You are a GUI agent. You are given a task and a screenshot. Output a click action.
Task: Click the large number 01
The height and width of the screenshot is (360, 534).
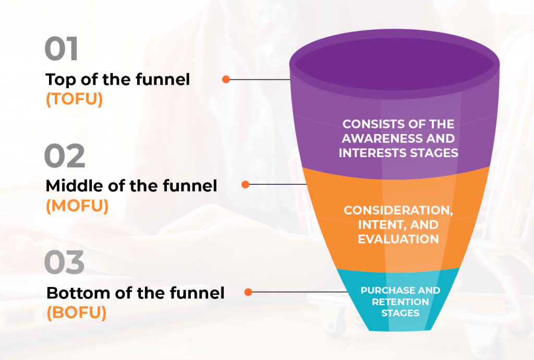coord(62,49)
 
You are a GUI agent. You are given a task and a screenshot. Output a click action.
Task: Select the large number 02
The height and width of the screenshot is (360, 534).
coord(65,155)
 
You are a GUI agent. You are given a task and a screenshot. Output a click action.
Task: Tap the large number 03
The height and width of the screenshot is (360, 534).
coord(64,262)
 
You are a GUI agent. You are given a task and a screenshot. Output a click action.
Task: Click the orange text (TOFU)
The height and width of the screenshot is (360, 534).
coord(74,99)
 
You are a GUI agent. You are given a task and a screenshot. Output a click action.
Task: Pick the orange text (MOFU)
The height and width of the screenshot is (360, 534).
coord(77,206)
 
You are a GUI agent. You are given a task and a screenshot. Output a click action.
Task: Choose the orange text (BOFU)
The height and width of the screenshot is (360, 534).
coord(77,313)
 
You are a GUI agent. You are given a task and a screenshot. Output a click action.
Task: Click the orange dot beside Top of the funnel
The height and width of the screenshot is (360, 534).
coord(226,79)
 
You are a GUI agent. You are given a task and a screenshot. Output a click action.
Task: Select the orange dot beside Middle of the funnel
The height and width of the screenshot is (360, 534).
coord(245,185)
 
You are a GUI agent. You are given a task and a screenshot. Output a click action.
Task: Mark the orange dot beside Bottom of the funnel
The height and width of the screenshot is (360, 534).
coord(248,292)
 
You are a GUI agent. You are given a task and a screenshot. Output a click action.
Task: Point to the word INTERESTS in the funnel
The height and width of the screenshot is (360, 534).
coord(372,153)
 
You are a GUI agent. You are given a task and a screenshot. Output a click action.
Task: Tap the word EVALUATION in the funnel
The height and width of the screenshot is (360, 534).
coord(398,239)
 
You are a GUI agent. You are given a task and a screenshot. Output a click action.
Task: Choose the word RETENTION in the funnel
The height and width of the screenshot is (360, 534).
coord(400,302)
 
